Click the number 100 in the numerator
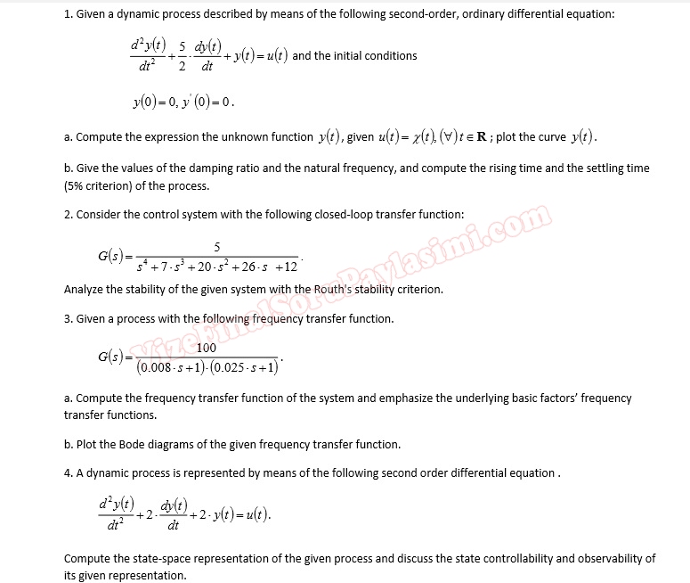coord(207,348)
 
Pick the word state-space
coord(153,559)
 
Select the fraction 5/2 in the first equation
coord(184,55)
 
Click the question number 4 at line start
coord(68,472)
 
